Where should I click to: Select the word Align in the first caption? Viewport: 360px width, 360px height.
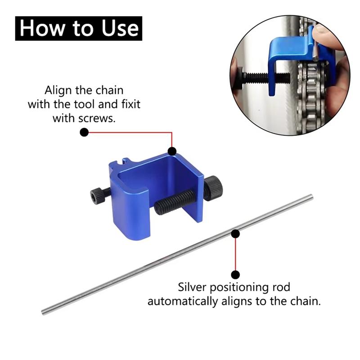click(x=57, y=90)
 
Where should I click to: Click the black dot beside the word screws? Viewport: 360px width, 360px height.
click(x=84, y=132)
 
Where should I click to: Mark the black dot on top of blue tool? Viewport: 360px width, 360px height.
click(x=171, y=152)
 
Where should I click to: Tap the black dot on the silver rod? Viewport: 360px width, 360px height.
click(x=235, y=233)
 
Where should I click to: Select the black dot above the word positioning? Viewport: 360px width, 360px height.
click(x=235, y=274)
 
